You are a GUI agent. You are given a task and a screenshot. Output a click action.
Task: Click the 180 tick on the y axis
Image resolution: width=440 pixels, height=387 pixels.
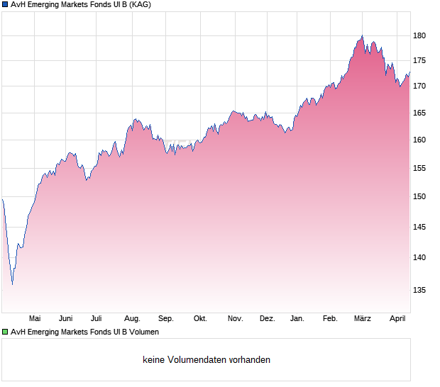click(419, 35)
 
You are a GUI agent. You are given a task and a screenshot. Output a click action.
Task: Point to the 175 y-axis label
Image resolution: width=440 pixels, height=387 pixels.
click(419, 61)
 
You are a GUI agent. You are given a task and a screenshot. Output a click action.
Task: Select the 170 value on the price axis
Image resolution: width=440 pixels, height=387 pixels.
click(419, 86)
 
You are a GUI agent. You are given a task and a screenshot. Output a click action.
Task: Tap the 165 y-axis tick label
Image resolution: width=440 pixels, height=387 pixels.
click(419, 113)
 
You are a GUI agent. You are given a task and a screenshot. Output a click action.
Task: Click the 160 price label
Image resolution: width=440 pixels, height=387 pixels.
click(419, 140)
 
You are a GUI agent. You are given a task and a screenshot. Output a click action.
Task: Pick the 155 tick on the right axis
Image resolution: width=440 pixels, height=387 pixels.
click(419, 168)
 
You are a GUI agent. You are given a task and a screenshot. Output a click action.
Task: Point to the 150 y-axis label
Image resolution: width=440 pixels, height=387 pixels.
click(419, 196)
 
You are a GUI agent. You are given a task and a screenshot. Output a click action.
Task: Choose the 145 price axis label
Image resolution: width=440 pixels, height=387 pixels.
click(419, 227)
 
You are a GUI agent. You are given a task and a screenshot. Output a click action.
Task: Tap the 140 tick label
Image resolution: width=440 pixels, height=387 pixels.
click(419, 257)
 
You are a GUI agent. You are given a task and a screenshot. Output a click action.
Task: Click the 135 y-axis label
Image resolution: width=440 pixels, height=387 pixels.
click(419, 290)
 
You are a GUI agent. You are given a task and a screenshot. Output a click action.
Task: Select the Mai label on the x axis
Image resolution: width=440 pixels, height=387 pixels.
click(35, 319)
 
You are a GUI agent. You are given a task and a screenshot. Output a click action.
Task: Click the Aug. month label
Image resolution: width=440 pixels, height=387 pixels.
click(132, 319)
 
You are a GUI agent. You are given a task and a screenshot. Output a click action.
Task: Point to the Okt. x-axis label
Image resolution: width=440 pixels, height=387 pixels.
click(200, 319)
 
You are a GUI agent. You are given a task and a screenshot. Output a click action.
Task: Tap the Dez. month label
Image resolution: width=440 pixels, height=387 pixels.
click(267, 319)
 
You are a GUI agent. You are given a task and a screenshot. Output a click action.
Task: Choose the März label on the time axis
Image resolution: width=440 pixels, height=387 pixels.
click(363, 319)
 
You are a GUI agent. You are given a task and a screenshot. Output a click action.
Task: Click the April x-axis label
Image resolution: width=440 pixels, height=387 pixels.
click(398, 319)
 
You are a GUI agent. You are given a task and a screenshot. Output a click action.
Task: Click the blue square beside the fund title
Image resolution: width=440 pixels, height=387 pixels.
click(5, 5)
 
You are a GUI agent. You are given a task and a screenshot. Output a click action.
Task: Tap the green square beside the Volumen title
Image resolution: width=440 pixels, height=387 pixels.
click(5, 332)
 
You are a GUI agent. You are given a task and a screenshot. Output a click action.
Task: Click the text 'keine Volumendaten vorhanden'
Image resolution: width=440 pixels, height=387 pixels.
click(207, 360)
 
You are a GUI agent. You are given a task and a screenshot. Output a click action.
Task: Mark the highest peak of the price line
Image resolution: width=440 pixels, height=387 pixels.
click(362, 35)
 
